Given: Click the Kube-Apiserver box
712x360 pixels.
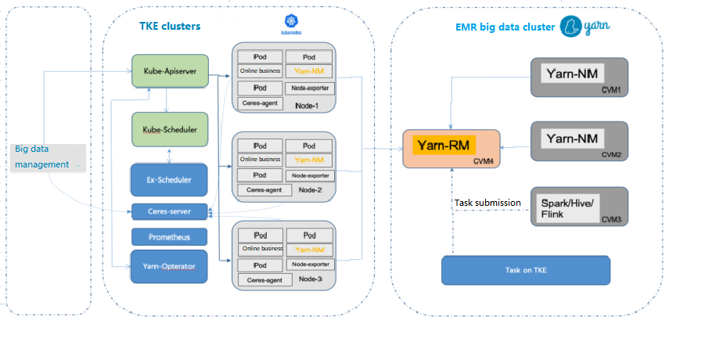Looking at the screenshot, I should click(169, 71).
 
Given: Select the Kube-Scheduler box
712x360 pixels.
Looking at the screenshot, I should click(169, 129).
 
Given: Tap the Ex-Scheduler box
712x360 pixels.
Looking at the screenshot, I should click(169, 180).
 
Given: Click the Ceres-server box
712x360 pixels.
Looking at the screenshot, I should click(169, 211).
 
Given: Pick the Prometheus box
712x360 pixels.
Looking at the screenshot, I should click(169, 236).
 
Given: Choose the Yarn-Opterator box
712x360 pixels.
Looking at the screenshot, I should click(169, 267).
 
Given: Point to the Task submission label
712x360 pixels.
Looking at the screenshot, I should click(487, 203).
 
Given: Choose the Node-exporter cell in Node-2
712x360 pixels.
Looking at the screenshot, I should click(309, 175).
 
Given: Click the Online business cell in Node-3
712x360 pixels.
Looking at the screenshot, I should click(261, 249).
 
